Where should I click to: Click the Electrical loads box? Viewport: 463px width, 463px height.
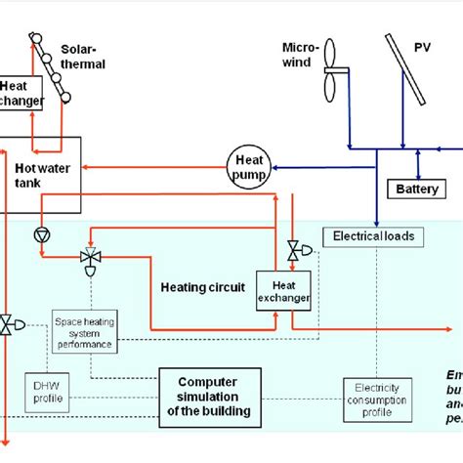pos(372,235)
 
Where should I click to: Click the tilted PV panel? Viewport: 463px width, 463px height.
pos(403,70)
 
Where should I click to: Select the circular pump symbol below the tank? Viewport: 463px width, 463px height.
pos(41,234)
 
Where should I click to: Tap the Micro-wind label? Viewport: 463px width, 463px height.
pos(297,55)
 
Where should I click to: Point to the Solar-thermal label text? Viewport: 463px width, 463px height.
pos(82,57)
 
